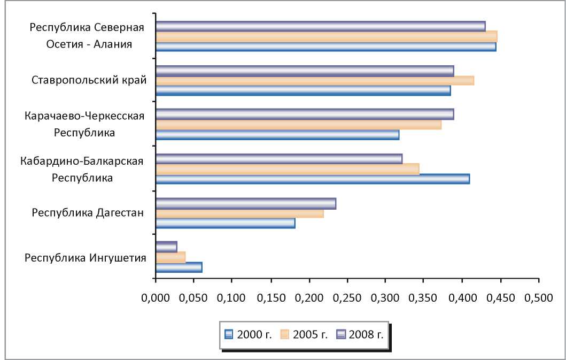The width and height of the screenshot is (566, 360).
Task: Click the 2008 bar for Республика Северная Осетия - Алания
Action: coord(321,26)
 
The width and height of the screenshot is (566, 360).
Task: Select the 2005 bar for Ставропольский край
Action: coord(315,80)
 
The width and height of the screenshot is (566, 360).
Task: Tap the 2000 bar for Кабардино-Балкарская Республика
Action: coord(313,179)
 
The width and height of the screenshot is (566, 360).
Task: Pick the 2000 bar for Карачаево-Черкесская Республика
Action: coord(277,135)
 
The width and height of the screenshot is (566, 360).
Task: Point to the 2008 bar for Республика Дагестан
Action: coord(246,203)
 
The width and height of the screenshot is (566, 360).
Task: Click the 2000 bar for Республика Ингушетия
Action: coord(179,267)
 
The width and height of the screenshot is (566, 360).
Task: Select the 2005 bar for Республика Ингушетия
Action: coord(170,257)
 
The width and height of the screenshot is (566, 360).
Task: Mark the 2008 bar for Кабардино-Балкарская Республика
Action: coord(279,158)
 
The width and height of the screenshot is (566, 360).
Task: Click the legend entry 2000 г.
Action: coord(249,335)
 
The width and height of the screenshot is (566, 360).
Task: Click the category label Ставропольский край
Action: coord(89,81)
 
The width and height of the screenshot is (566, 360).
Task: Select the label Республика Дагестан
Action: coord(88,213)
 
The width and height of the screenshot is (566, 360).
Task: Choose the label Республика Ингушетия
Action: coord(86,258)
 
